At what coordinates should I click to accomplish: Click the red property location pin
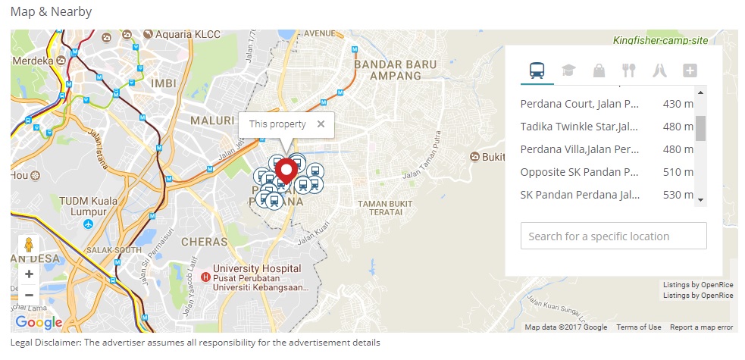click(x=286, y=170)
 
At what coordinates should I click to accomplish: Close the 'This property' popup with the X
click(x=321, y=124)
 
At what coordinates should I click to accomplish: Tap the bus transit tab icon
click(x=537, y=70)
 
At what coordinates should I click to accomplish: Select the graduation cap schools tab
click(x=568, y=70)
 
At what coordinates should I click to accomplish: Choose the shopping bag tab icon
click(x=599, y=70)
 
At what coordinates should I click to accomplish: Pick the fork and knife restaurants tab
click(x=628, y=70)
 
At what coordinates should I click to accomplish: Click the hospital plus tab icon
click(x=690, y=70)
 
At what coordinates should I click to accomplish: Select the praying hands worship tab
click(x=659, y=70)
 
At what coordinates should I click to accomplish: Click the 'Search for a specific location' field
click(x=613, y=236)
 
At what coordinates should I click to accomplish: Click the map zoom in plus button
click(x=29, y=274)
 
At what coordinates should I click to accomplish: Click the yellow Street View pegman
click(x=29, y=246)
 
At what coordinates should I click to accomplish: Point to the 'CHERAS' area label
click(x=204, y=242)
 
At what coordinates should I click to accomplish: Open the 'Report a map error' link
click(x=701, y=327)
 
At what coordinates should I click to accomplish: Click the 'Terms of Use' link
click(x=638, y=327)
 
